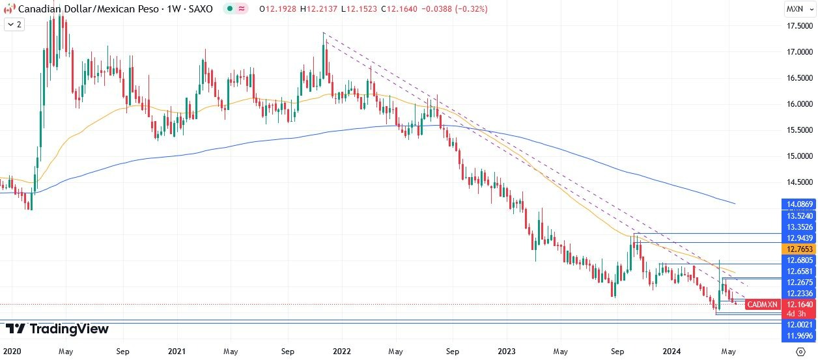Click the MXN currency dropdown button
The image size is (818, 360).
coord(798,9)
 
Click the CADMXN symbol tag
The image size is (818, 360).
coord(762,305)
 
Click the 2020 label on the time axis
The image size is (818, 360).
coord(12,351)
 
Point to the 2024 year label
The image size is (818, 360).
coord(673,351)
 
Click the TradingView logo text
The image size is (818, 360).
coord(69,329)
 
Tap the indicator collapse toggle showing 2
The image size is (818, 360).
coord(14,24)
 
